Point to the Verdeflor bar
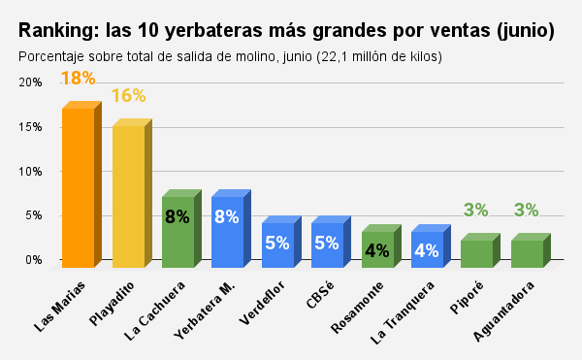pos(277,244)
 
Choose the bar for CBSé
pos(327,244)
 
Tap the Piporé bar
pos(476,253)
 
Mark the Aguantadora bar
pos(526,253)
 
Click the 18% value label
pos(78,78)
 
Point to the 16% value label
pos(128,95)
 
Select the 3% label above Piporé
pos(476,210)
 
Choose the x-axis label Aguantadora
pos(506,311)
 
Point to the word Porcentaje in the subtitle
pos(53,56)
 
